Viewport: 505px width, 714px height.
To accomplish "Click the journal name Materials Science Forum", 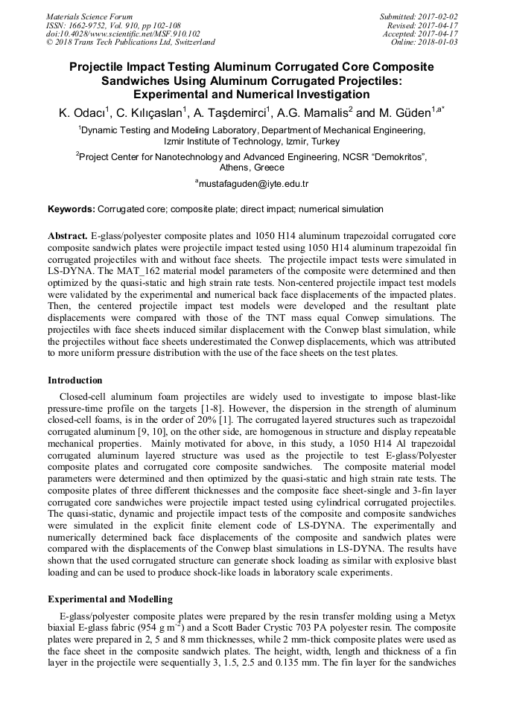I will pyautogui.click(x=89, y=16).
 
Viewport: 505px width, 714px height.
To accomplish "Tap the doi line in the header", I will pyautogui.click(x=123, y=34).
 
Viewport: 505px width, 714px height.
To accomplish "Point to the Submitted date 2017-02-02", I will pyautogui.click(x=436, y=16).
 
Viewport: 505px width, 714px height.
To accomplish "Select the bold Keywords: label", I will pyautogui.click(x=72, y=210).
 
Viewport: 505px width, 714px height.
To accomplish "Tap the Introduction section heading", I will pyautogui.click(x=75, y=380).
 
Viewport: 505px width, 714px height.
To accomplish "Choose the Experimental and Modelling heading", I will pyautogui.click(x=110, y=599).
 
